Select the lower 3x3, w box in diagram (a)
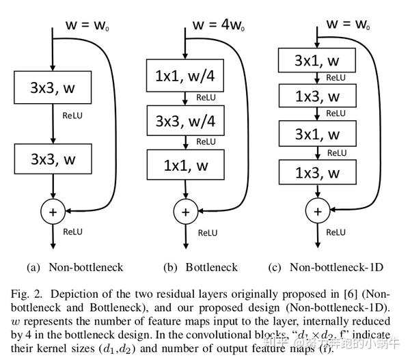pos(53,161)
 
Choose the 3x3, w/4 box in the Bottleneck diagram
pos(184,121)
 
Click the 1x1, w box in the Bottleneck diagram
pos(184,165)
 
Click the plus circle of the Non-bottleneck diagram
pos(53,212)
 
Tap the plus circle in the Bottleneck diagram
pos(184,212)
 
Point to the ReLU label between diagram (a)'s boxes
pos(72,116)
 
